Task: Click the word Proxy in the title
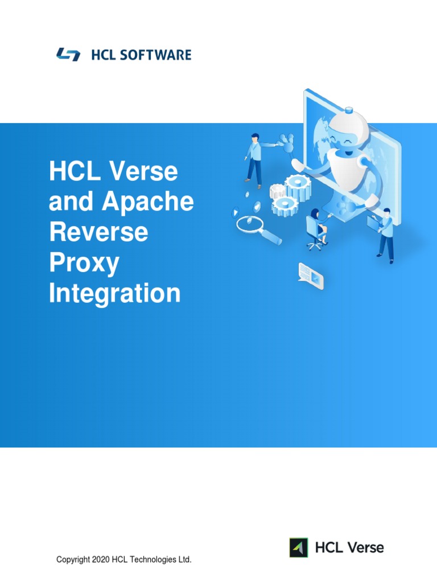84,263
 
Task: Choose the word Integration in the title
114,294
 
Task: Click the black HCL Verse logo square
299,548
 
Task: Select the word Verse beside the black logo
362,548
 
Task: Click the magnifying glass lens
249,224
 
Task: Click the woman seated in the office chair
316,228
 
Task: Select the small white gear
278,191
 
